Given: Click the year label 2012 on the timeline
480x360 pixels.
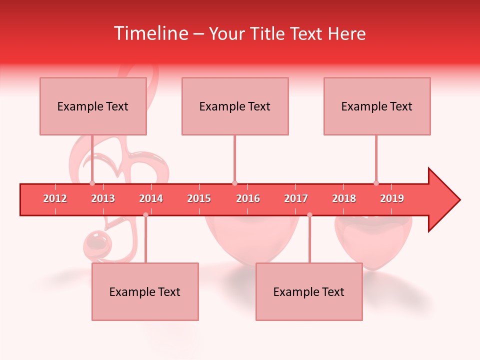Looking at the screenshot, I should pos(55,198).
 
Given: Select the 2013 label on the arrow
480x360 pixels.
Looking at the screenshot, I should pos(103,198).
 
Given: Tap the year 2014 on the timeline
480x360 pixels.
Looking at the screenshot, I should pos(151,198).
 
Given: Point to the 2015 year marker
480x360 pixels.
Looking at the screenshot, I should pos(199,198).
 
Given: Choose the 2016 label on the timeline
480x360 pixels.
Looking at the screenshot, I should pos(248,198).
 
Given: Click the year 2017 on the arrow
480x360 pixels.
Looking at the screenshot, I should pos(296,198).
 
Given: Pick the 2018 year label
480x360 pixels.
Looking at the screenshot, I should pos(344,198).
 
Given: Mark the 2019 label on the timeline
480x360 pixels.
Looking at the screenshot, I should pos(392,198).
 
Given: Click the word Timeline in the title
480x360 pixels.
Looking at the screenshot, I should pos(150,33).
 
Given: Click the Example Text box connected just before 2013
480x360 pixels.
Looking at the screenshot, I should pos(93,106).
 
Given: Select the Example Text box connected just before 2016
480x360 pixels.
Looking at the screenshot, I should pos(235,106).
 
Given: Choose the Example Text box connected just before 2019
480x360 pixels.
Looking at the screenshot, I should pos(377,106).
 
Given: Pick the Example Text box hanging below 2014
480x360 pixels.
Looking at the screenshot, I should pos(145,291).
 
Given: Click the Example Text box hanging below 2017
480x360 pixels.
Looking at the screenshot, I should pos(309,291).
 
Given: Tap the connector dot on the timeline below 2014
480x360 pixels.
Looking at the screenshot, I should pos(145,214).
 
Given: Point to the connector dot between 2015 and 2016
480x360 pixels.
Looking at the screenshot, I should pos(234,183).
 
